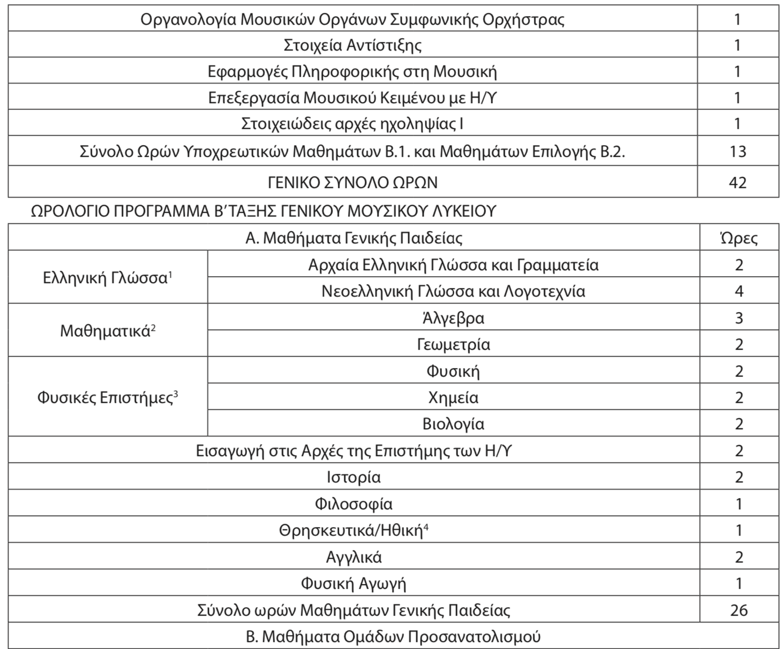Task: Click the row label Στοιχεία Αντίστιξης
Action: pos(352,45)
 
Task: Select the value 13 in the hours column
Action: pos(738,152)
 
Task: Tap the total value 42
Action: pos(738,183)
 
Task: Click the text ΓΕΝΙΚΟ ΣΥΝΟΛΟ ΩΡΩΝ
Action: pos(352,183)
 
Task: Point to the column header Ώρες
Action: pos(739,238)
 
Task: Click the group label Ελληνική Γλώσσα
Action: pos(106,278)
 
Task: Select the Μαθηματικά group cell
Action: pos(106,330)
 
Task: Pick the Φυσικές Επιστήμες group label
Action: pos(106,398)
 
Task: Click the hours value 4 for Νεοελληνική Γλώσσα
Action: pos(739,291)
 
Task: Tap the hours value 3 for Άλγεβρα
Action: pos(739,318)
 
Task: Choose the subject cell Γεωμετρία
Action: pos(453,344)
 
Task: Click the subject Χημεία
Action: pos(453,398)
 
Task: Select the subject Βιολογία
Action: pos(453,424)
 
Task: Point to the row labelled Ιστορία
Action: pos(353,477)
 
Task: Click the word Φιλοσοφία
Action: pos(353,504)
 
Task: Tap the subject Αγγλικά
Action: pos(353,557)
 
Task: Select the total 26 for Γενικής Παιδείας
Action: pos(739,610)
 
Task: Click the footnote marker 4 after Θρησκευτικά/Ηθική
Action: pos(426,527)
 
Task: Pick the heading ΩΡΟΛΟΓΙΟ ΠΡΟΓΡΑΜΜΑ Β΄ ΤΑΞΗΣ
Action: pos(263,211)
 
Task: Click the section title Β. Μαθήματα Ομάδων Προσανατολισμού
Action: pos(393,637)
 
